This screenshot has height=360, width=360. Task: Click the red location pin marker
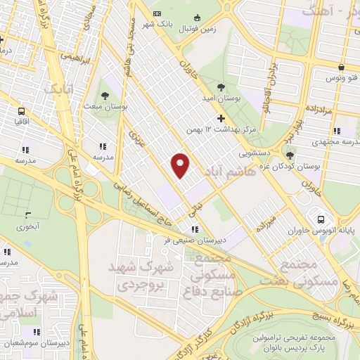pyautogui.click(x=181, y=165)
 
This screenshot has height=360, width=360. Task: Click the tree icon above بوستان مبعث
pyautogui.click(x=106, y=95)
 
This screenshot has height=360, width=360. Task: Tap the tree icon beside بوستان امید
pyautogui.click(x=221, y=88)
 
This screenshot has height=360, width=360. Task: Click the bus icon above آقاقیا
pyautogui.click(x=22, y=111)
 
